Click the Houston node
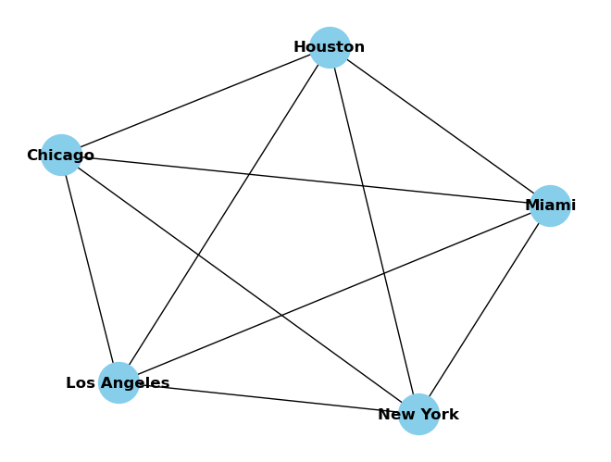(x=330, y=47)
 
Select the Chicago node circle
(x=61, y=155)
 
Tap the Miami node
(x=550, y=206)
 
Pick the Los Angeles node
(x=118, y=382)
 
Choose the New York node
(x=418, y=414)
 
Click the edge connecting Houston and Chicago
(x=195, y=101)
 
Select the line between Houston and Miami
(x=440, y=127)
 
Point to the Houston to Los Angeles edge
(x=224, y=215)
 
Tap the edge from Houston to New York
(x=374, y=231)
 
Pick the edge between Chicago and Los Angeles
(x=90, y=268)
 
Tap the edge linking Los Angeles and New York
(x=268, y=398)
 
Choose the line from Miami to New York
(x=484, y=310)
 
